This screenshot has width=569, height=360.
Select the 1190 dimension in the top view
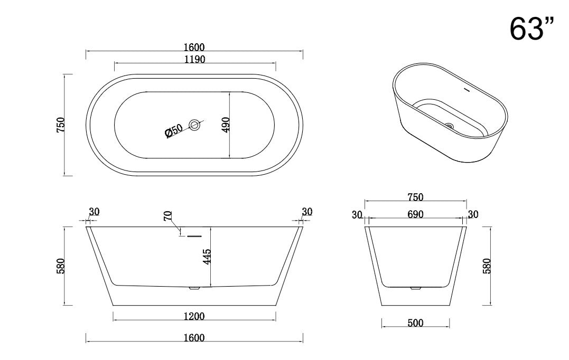[x=194, y=59]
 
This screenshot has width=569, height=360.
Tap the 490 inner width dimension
[x=226, y=125]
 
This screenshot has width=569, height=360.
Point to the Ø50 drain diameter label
[x=173, y=131]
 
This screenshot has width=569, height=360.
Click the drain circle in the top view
[x=195, y=125]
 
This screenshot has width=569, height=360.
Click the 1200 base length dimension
[x=194, y=316]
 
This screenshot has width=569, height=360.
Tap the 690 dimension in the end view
[x=416, y=214]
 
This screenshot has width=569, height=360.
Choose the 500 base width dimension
[x=415, y=323]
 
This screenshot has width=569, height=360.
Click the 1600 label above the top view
[x=194, y=48]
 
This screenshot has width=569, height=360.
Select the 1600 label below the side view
[x=194, y=338]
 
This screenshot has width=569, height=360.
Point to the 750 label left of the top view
[x=61, y=125]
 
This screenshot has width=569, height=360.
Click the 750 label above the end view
[x=415, y=197]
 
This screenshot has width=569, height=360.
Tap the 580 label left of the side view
[x=61, y=266]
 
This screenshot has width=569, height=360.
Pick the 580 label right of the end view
[x=487, y=266]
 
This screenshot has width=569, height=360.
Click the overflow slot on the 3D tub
[x=466, y=89]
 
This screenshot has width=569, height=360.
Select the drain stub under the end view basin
[x=416, y=288]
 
